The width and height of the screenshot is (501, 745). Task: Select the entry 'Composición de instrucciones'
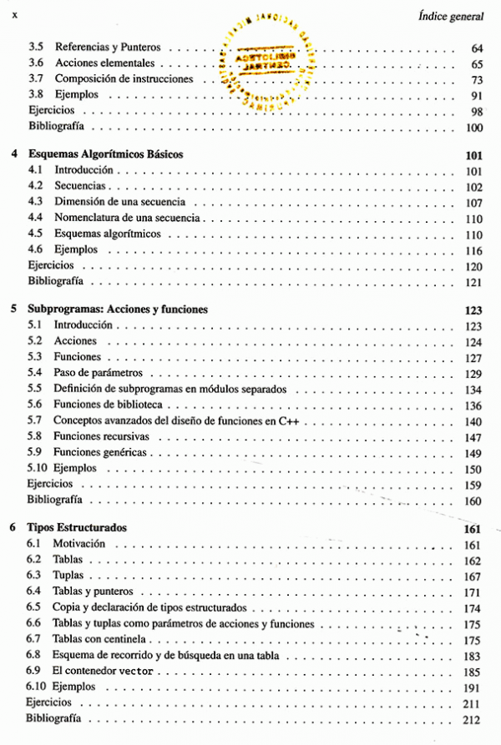click(124, 79)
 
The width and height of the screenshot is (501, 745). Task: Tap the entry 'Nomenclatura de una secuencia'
click(127, 218)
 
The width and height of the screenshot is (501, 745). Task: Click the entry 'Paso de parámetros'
click(99, 372)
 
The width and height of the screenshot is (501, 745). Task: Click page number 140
click(473, 421)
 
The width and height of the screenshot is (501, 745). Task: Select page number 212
click(472, 719)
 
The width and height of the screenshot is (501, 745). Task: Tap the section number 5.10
click(37, 468)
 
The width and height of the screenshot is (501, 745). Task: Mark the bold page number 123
click(473, 310)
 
